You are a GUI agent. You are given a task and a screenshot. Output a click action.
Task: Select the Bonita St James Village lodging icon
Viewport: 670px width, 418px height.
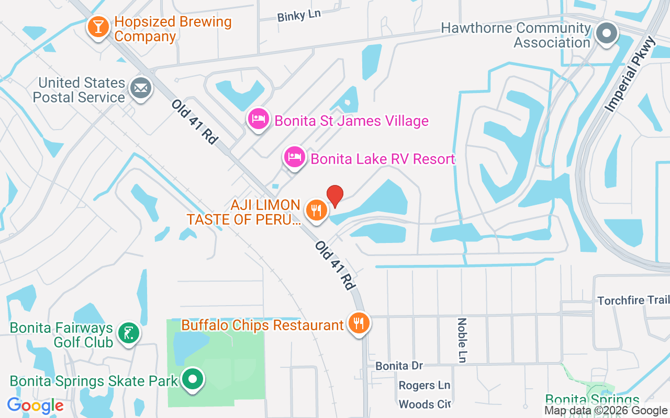[258, 119]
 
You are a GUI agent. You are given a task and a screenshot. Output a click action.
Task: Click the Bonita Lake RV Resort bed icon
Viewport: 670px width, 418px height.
[295, 157]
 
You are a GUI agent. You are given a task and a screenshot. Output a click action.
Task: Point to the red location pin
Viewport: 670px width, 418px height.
[335, 196]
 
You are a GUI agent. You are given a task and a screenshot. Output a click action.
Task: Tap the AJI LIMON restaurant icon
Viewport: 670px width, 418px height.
[316, 211]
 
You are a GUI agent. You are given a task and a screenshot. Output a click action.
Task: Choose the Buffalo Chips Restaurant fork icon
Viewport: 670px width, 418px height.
[359, 323]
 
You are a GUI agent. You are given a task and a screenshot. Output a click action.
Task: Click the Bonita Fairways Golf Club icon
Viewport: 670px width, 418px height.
[128, 333]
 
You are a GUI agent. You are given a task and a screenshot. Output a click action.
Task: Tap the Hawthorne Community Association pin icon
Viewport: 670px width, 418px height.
[607, 33]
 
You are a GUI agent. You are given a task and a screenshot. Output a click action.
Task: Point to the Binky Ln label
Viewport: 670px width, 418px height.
[299, 16]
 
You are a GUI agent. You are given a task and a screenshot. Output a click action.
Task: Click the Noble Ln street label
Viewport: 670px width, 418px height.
[462, 340]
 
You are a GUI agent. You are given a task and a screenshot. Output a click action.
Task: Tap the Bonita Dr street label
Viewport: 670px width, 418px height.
[399, 366]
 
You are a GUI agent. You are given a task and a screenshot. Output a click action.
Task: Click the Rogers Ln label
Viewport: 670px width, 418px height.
[424, 386]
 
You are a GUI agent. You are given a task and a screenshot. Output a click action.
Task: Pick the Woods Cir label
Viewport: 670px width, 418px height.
[425, 404]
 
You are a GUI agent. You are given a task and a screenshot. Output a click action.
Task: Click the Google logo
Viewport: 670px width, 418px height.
[35, 405]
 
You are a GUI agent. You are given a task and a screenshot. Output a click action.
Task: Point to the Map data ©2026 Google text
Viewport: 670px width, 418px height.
[606, 411]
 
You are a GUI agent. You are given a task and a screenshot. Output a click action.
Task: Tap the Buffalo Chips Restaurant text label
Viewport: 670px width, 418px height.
[262, 325]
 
